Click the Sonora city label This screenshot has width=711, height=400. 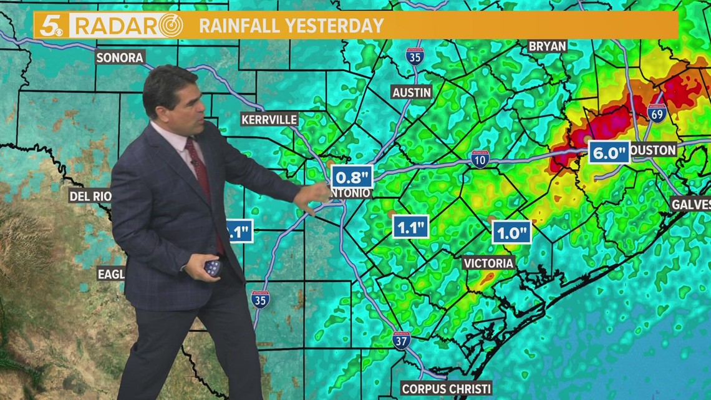(120, 57)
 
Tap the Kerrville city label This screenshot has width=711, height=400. (269, 119)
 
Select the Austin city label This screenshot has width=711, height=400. (412, 92)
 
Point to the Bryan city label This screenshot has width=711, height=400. (547, 46)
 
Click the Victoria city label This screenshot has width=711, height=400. (488, 263)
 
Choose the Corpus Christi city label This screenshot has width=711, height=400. (447, 388)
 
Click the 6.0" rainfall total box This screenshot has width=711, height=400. (609, 152)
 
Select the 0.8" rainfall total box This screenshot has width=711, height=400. (352, 177)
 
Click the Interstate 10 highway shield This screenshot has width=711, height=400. (480, 159)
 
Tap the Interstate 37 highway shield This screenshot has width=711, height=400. (402, 340)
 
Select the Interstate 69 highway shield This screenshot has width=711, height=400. (656, 112)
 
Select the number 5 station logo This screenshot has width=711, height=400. (51, 26)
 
